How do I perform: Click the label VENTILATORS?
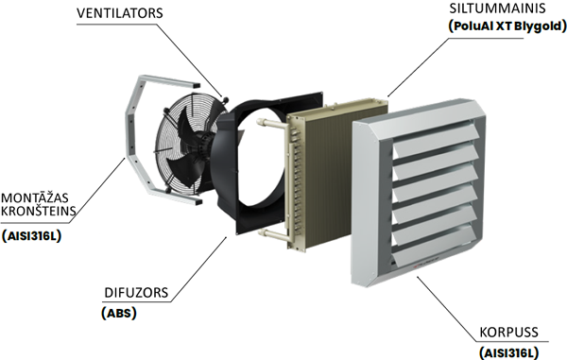(x=120, y=13)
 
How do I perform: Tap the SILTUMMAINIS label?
(x=497, y=8)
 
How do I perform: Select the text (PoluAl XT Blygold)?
(x=507, y=26)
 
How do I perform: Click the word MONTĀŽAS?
(x=35, y=197)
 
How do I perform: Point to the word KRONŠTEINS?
(x=39, y=211)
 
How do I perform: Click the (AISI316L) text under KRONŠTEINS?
(x=31, y=235)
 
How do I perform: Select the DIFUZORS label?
(x=136, y=292)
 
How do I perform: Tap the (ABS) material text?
(x=119, y=313)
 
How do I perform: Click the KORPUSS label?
(x=508, y=333)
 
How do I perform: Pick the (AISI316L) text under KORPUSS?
(x=508, y=352)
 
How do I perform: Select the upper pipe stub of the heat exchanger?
(x=272, y=125)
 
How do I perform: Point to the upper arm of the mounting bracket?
(x=170, y=81)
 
